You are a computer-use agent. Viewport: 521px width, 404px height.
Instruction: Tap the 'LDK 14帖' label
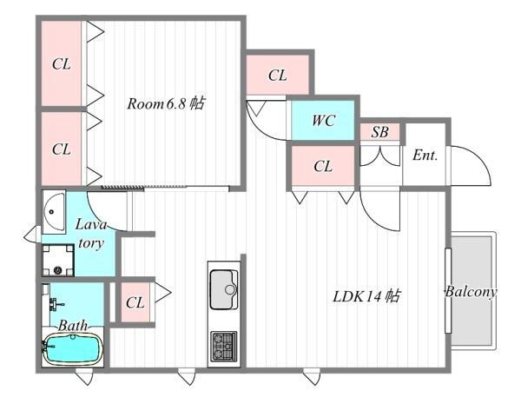(366, 296)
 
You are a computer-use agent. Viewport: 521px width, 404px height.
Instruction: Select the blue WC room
(323, 121)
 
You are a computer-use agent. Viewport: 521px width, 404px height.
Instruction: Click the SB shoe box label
(379, 133)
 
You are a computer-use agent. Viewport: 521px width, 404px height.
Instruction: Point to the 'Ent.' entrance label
(425, 156)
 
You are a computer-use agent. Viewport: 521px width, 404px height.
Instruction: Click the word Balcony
(470, 292)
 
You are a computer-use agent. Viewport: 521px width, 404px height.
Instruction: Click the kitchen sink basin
(223, 288)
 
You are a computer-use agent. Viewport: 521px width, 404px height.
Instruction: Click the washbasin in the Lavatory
(53, 209)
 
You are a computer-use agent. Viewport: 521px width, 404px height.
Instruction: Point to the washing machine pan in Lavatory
(60, 257)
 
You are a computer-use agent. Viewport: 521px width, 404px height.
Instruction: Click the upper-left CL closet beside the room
(61, 63)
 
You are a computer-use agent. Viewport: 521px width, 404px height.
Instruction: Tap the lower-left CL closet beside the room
(61, 149)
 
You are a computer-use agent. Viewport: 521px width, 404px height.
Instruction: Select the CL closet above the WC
(277, 76)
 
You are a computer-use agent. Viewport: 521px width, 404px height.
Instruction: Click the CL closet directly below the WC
(322, 166)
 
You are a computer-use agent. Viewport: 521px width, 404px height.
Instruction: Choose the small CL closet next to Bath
(135, 302)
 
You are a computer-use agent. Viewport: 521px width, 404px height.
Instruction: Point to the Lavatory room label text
(90, 233)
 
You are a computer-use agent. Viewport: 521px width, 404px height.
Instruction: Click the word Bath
(73, 326)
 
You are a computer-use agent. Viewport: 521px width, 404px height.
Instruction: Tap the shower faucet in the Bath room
(54, 303)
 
